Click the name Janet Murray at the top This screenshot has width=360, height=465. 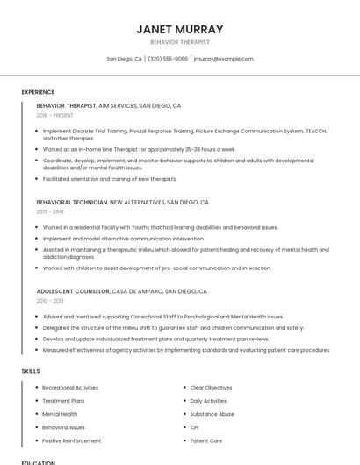pyautogui.click(x=180, y=29)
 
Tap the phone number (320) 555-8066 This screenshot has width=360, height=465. pyautogui.click(x=168, y=59)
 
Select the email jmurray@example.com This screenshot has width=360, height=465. pyautogui.click(x=224, y=59)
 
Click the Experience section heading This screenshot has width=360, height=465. pyautogui.click(x=38, y=92)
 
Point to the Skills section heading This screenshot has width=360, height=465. pyautogui.click(x=31, y=371)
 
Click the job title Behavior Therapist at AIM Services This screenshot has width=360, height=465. pyautogui.click(x=67, y=105)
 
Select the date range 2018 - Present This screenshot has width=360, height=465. pyautogui.click(x=56, y=115)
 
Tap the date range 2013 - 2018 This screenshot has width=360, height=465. pyautogui.click(x=50, y=211)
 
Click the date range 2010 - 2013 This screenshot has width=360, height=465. pyautogui.click(x=50, y=300)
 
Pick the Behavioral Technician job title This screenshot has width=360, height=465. pyautogui.click(x=72, y=202)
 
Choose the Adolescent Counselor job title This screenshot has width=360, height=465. pyautogui.click(x=73, y=290)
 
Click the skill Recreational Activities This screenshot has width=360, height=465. pyautogui.click(x=70, y=387)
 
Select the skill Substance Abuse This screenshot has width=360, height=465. pyautogui.click(x=212, y=414)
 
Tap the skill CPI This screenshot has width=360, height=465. pyautogui.click(x=194, y=427)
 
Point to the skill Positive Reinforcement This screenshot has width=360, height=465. pyautogui.click(x=71, y=440)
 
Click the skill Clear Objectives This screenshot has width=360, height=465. pyautogui.click(x=211, y=387)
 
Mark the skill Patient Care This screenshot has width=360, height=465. pyautogui.click(x=205, y=440)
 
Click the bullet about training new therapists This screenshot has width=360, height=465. pyautogui.click(x=110, y=178)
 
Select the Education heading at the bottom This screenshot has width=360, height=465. pyautogui.click(x=39, y=461)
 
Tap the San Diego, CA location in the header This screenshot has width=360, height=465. pyautogui.click(x=124, y=59)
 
